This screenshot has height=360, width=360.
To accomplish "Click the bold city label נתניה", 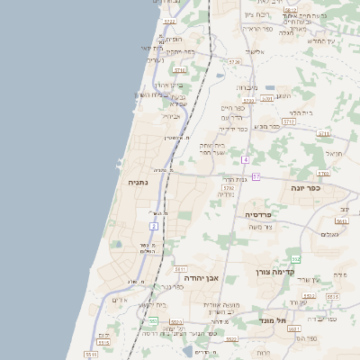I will (x=139, y=182).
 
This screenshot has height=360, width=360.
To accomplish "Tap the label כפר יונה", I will (x=305, y=188).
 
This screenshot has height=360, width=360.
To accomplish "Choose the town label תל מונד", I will (x=269, y=319).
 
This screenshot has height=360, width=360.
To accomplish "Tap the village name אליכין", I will (x=256, y=51).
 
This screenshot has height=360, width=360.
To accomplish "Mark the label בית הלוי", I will (x=300, y=112).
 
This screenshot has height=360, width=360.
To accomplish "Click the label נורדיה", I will (x=226, y=193).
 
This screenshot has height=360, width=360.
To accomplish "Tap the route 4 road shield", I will (x=244, y=159).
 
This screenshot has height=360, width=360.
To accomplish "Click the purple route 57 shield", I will (x=256, y=176).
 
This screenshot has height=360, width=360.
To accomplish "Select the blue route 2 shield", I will (x=154, y=227).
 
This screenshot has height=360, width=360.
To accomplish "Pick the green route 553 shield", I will (x=153, y=320).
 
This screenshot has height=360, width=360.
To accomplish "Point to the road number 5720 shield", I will (x=234, y=61).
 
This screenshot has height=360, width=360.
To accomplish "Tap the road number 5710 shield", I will (x=179, y=69).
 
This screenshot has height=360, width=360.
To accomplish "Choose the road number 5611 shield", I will (x=180, y=268).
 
